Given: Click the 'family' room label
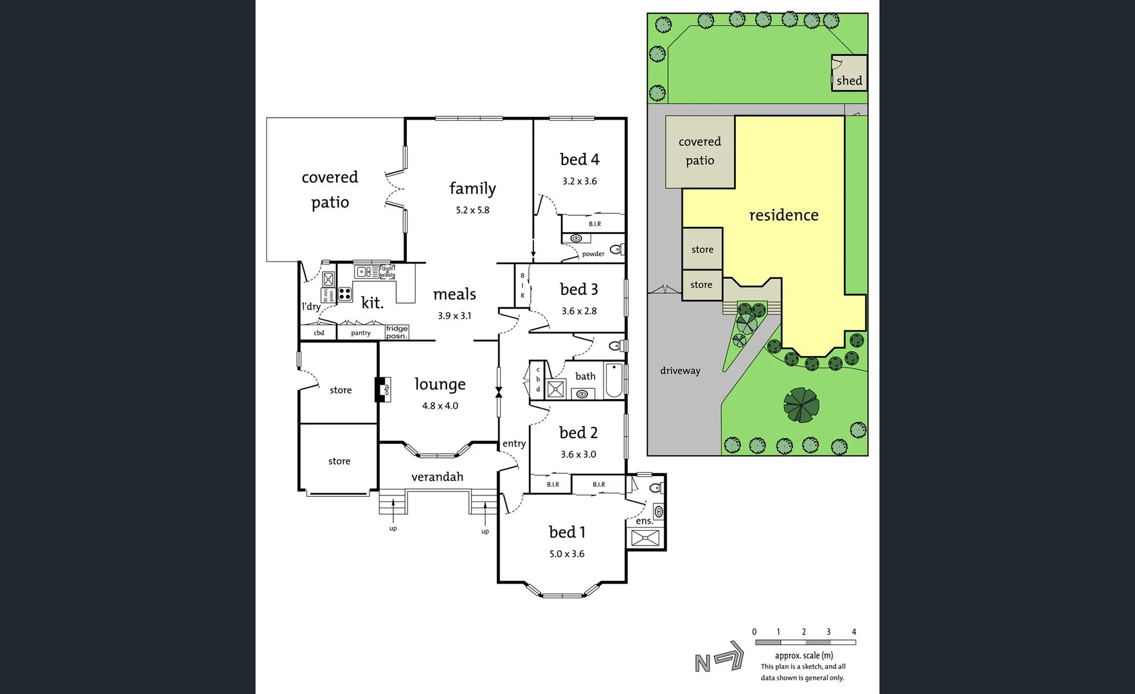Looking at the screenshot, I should pyautogui.click(x=472, y=188).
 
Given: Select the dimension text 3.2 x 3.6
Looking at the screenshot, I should pyautogui.click(x=579, y=181).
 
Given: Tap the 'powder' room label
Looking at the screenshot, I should pyautogui.click(x=593, y=254).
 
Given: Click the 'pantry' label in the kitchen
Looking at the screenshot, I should pyautogui.click(x=361, y=333).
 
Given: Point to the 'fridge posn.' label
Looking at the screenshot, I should pyautogui.click(x=397, y=332).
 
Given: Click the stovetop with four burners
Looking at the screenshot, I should pyautogui.click(x=344, y=294).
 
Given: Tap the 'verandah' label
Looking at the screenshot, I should pyautogui.click(x=437, y=477).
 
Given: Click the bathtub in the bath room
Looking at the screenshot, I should pyautogui.click(x=614, y=380).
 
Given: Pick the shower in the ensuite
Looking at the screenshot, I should pyautogui.click(x=645, y=538).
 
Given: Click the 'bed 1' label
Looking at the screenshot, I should pyautogui.click(x=567, y=532).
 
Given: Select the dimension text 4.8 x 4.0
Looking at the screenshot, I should pyautogui.click(x=440, y=406).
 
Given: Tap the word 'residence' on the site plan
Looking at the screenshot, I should pyautogui.click(x=783, y=215).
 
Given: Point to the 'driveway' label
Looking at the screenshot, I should pyautogui.click(x=680, y=371).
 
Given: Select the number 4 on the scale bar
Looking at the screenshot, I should pyautogui.click(x=853, y=632).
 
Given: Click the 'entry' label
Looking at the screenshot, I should pyautogui.click(x=514, y=443).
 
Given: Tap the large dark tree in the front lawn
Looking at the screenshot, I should pyautogui.click(x=801, y=405).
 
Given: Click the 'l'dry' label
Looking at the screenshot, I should pyautogui.click(x=311, y=307).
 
